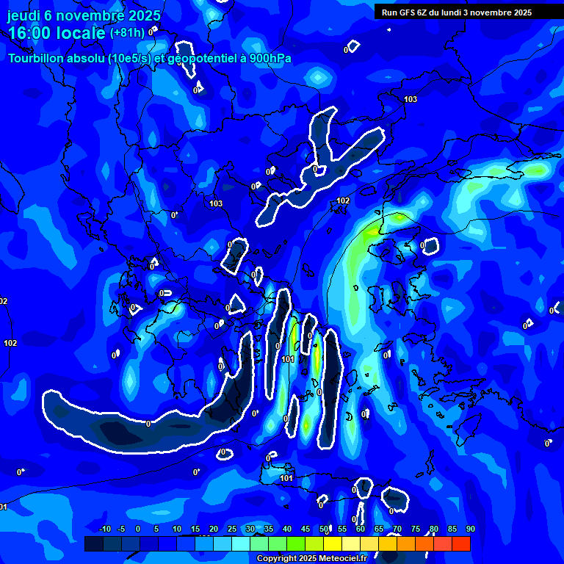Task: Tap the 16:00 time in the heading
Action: point(33,33)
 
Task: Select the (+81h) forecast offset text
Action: point(127,33)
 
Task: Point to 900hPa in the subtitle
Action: point(269,59)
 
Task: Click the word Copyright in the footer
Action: point(277,558)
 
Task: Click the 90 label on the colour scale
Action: point(470,529)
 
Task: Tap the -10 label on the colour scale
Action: point(104,529)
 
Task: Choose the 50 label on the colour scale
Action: point(324,529)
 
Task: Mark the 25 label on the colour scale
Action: point(232,529)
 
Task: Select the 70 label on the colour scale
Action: point(397,529)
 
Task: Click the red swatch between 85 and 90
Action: point(460,543)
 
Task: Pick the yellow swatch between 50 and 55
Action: point(333,543)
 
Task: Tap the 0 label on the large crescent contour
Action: point(148,423)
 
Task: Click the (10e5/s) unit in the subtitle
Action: point(129,59)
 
